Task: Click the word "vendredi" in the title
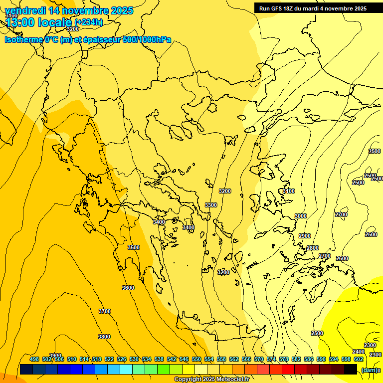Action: [25, 10]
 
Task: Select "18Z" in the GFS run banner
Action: [287, 8]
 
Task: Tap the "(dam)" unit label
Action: [369, 370]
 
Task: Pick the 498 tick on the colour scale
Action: [34, 359]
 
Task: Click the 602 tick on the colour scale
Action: [359, 359]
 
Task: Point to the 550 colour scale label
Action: [196, 359]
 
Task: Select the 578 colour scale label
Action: [284, 359]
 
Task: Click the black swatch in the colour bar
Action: [351, 370]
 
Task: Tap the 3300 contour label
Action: [211, 205]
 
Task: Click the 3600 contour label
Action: [128, 288]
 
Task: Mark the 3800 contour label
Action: [104, 337]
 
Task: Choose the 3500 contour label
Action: [134, 247]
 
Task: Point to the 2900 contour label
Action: [305, 236]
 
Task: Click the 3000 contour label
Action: [301, 216]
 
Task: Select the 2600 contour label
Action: [342, 258]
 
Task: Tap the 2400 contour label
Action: [359, 352]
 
